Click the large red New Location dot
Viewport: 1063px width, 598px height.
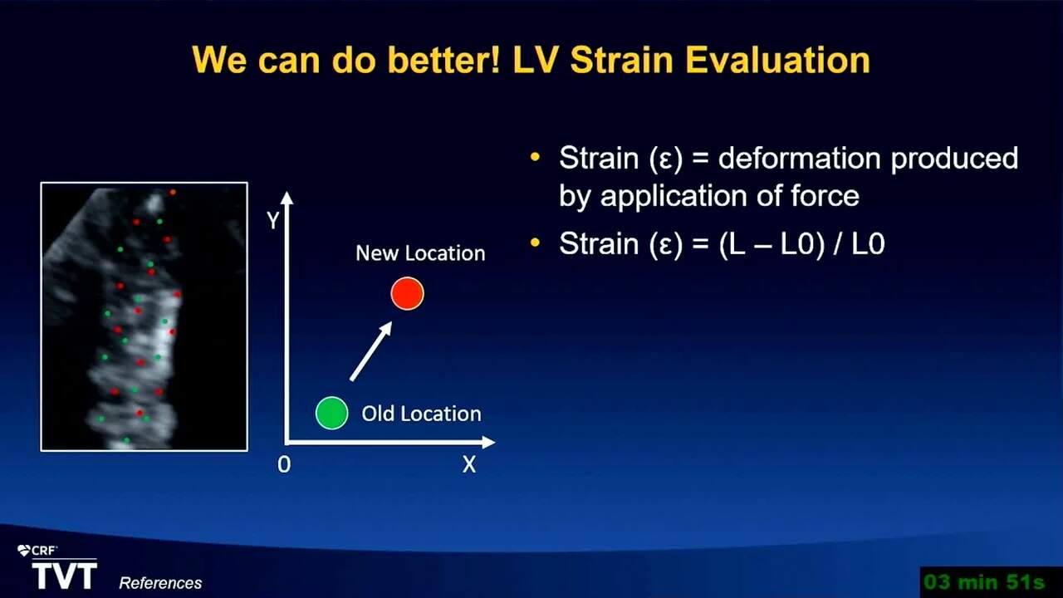[407, 294]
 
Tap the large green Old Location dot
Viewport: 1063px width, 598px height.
[331, 413]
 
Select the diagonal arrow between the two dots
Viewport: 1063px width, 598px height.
[371, 350]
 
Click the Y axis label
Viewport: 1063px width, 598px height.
[273, 221]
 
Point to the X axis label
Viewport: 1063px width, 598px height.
[469, 464]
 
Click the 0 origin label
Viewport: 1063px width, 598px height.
[284, 464]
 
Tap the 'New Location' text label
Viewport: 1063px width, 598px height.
[420, 253]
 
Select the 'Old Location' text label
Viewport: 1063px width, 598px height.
[421, 414]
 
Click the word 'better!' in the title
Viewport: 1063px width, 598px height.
[443, 60]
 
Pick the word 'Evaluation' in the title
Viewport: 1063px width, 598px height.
[778, 60]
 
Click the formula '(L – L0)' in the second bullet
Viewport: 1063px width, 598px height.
[772, 244]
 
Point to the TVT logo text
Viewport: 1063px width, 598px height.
[65, 576]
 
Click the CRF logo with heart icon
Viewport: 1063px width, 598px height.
[37, 551]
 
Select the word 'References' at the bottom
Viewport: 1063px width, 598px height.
[160, 583]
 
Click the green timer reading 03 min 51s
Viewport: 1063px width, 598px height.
[985, 582]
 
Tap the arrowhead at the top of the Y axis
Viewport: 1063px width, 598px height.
[287, 198]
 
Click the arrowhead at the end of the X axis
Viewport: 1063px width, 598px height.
[488, 443]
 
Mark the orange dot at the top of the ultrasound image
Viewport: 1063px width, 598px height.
[173, 192]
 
